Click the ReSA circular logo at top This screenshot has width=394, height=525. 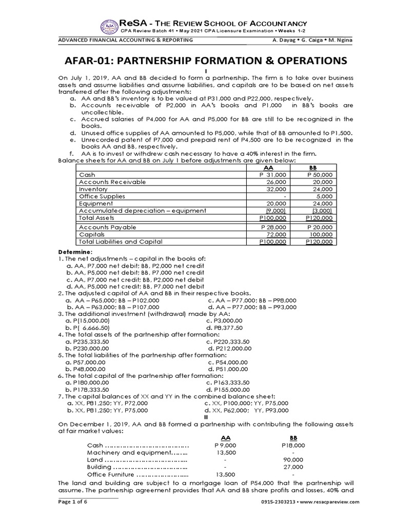[x=109, y=27]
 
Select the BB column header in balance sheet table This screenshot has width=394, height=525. [x=313, y=168]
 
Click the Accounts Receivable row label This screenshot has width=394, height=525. [x=112, y=182]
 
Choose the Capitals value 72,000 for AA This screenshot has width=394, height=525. [x=277, y=234]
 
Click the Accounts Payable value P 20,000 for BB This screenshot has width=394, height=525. [x=319, y=227]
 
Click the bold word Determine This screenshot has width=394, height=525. [x=75, y=252]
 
